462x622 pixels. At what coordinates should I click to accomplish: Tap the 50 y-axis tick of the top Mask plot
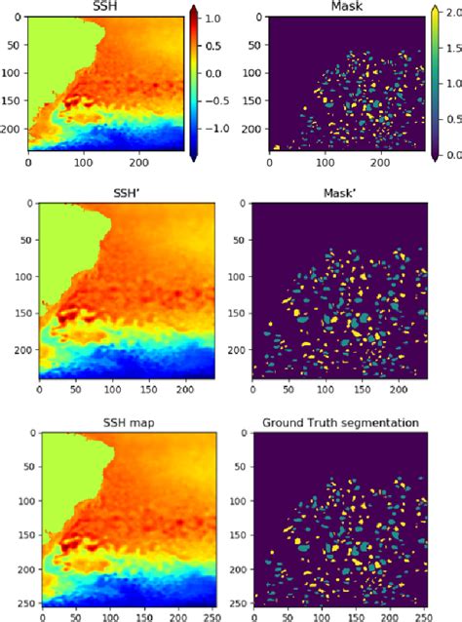click(241, 45)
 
